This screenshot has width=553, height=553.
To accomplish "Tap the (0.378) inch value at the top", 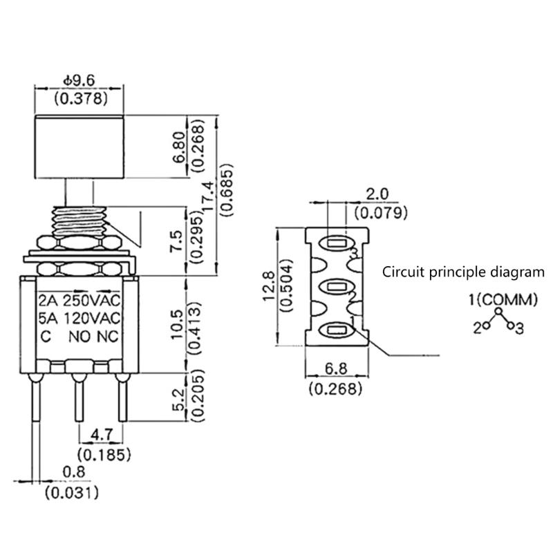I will point(81,99).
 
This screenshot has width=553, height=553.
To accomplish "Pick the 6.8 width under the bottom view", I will point(335,371).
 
